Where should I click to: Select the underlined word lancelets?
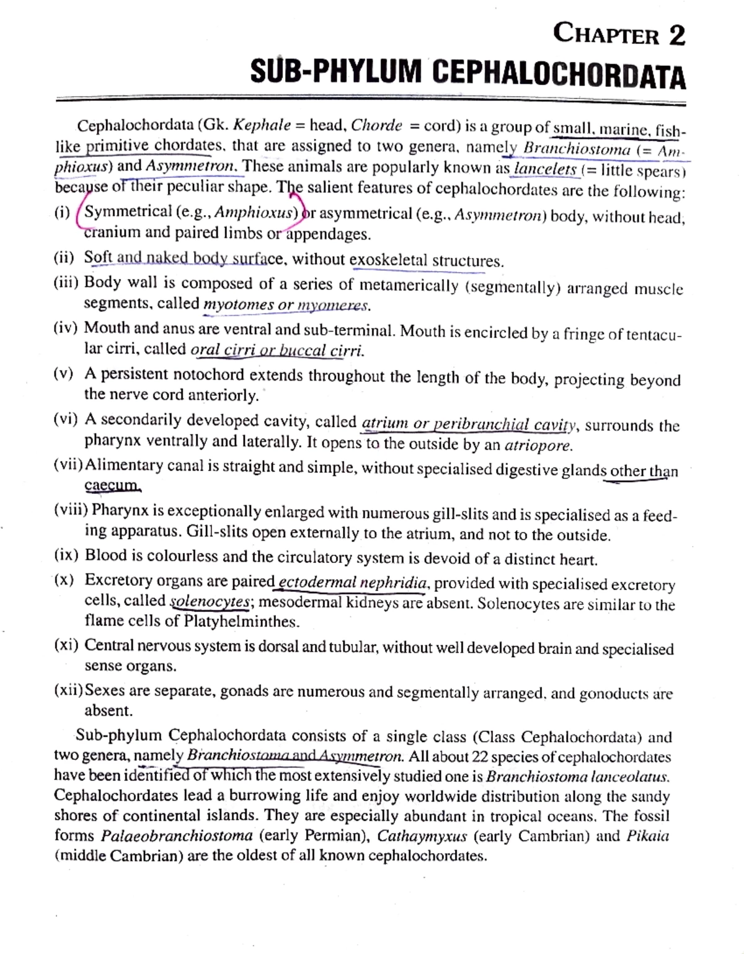tap(545, 169)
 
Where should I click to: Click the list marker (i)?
tap(62, 212)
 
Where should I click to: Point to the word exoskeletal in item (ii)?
tap(388, 260)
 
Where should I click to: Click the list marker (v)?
tap(63, 374)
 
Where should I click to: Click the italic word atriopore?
tap(539, 445)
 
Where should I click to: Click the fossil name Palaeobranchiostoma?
tap(177, 836)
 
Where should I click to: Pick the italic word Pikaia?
tap(647, 836)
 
